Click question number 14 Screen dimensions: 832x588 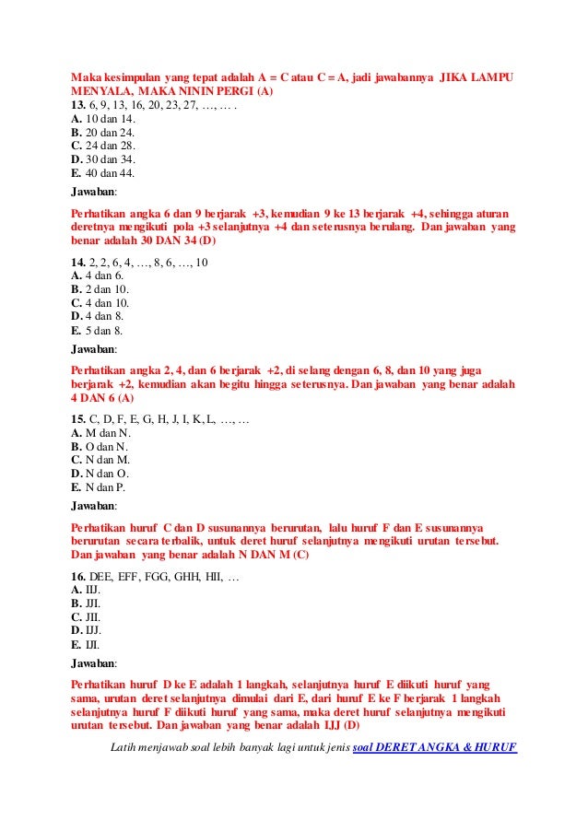click(x=78, y=263)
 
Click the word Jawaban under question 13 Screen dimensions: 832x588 click(x=94, y=193)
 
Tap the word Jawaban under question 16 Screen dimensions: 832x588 click(x=94, y=662)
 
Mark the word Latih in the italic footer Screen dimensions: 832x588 click(x=122, y=747)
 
